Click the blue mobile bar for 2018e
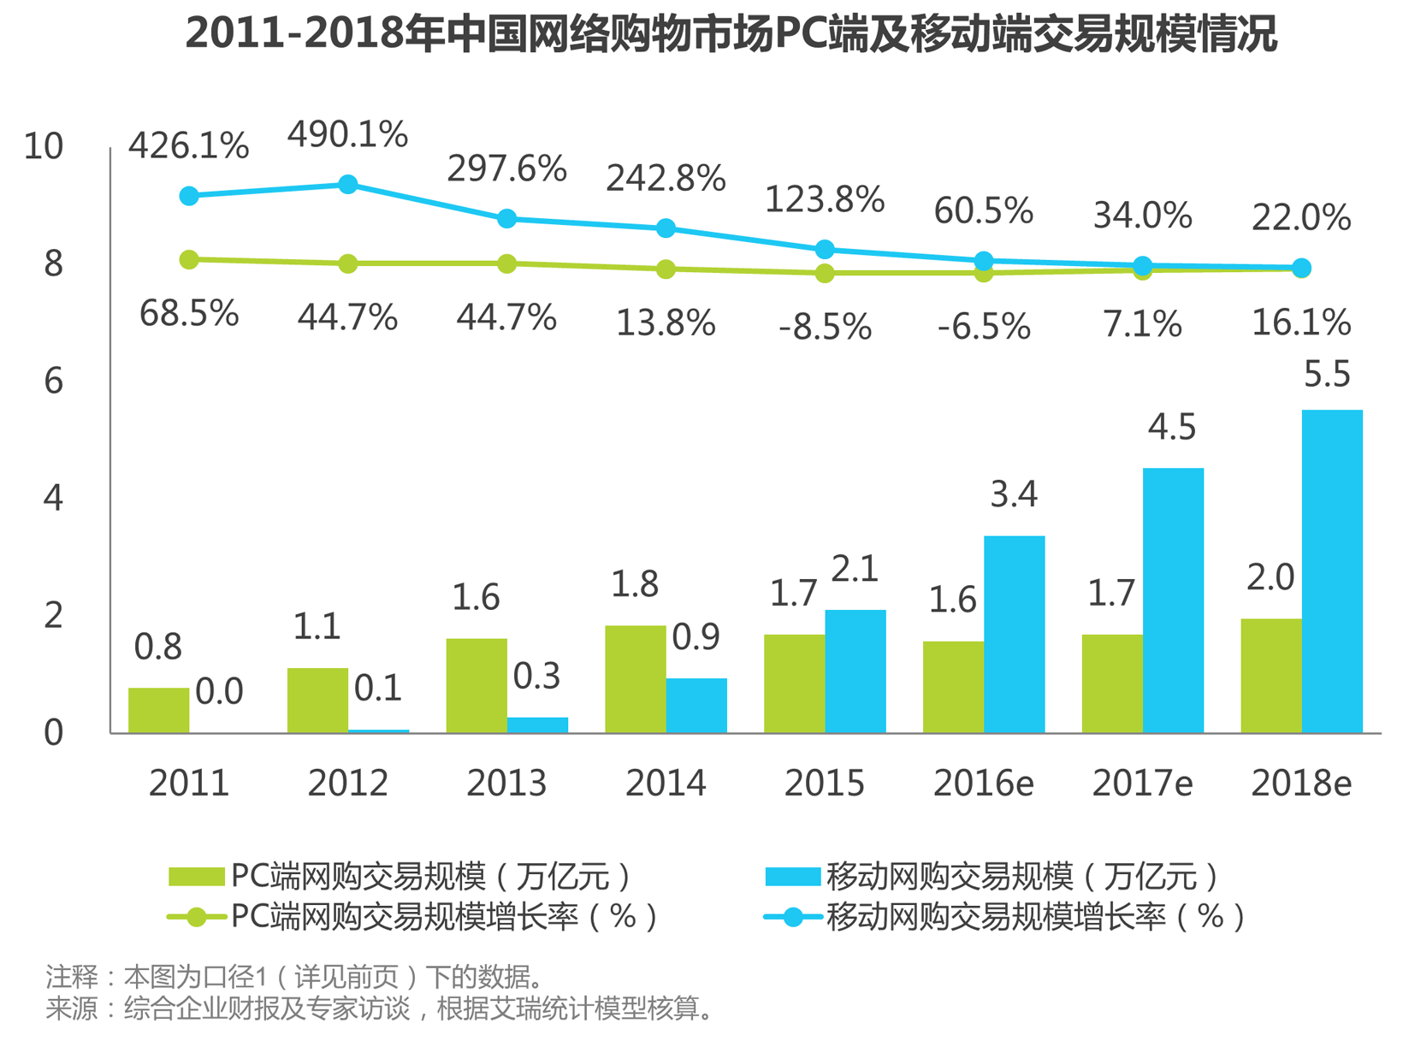1331,571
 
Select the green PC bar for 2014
635,679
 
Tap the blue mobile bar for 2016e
1014,634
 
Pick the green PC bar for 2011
158,710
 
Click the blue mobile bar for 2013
537,725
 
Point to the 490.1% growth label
347,135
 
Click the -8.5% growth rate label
825,327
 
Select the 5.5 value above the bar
1327,375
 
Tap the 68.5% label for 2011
189,314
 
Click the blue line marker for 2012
348,185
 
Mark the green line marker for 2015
825,273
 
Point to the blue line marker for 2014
666,228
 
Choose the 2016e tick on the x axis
983,783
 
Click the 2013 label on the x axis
506,783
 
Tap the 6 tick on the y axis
53,381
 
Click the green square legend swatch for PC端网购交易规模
196,877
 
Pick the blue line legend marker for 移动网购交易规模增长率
793,917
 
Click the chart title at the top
731,34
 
